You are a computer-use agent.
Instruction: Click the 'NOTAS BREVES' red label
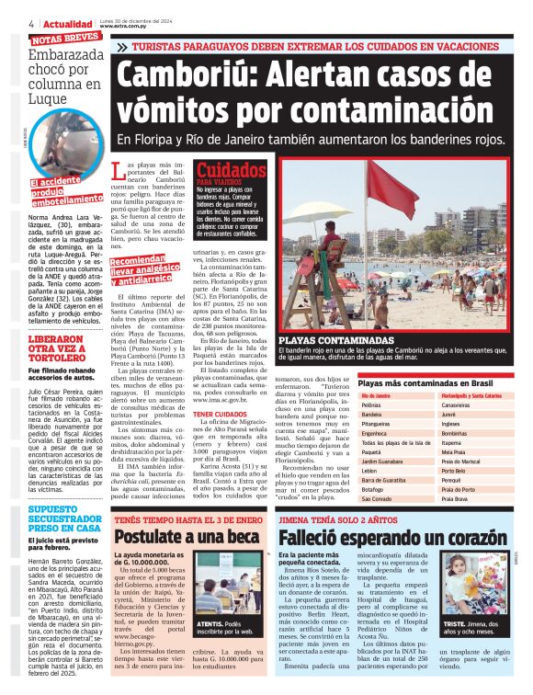pyautogui.click(x=65, y=40)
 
